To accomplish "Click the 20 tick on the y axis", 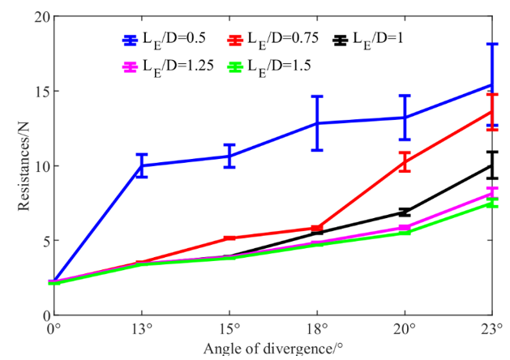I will pos(37,17).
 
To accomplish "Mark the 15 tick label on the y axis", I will pos(37,92).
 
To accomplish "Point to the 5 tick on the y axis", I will pos(41,241).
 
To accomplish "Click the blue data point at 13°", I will pos(142,165).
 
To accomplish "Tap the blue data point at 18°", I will pos(317,123).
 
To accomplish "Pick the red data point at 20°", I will pos(405,161).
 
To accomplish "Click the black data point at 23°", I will pos(492,165).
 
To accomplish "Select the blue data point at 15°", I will pos(229,156).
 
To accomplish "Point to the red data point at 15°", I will pos(229,238).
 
